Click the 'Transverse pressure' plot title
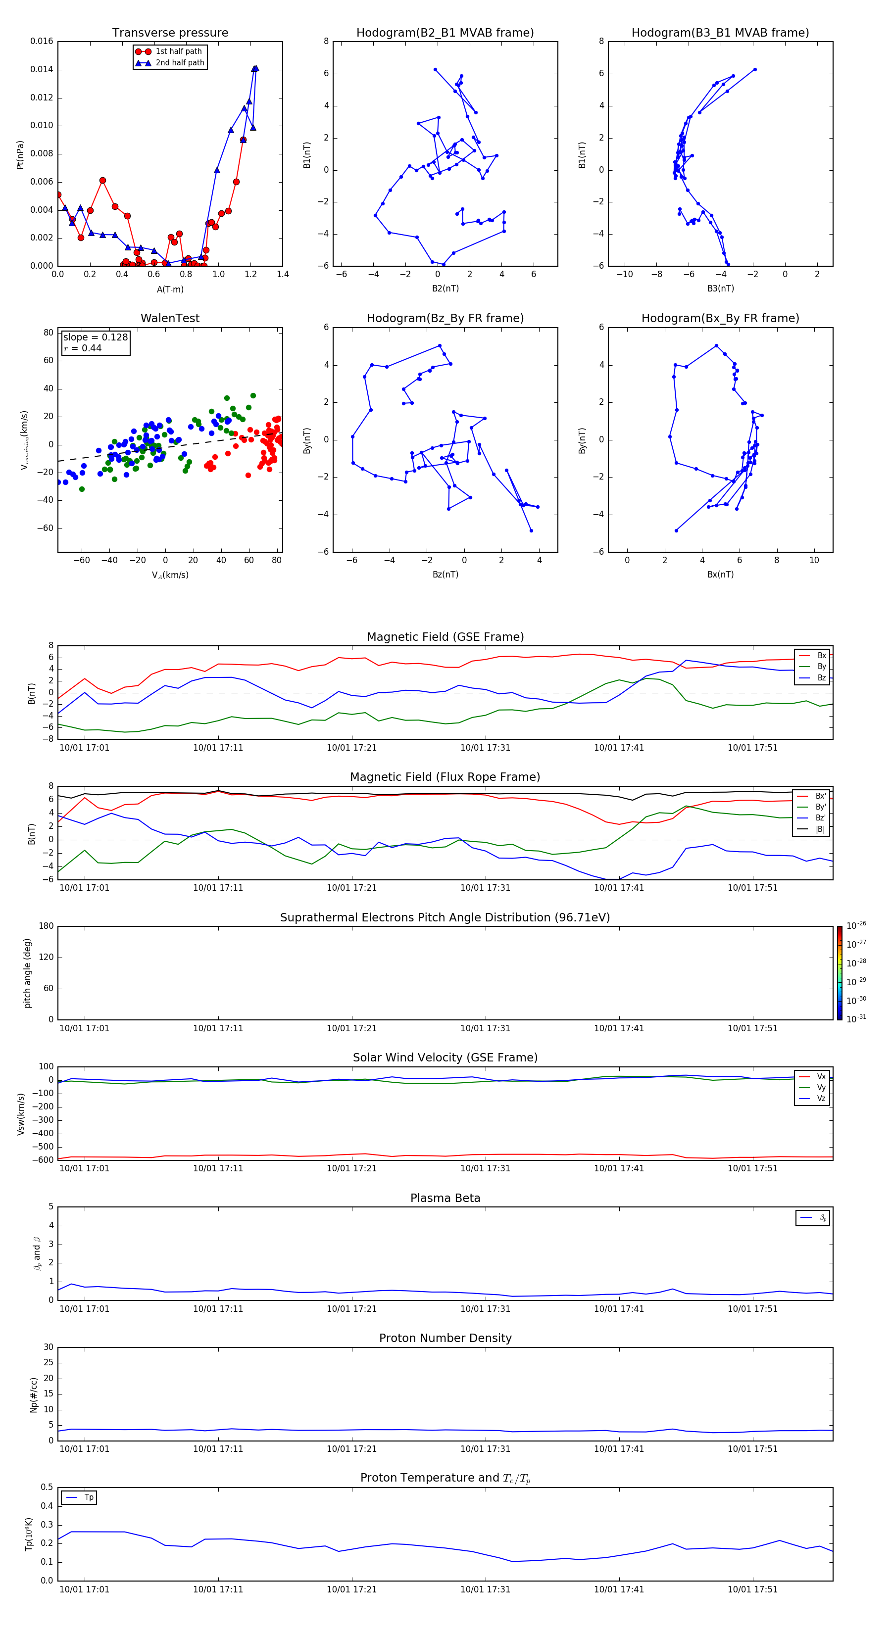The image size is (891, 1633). click(x=170, y=33)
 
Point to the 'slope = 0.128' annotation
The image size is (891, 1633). click(x=95, y=337)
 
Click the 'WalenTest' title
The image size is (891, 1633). click(x=170, y=318)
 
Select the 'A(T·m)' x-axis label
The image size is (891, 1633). click(x=170, y=289)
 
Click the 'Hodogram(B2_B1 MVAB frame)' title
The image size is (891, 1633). click(x=445, y=33)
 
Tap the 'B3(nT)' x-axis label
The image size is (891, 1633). click(x=720, y=288)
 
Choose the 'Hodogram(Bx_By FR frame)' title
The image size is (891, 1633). click(x=720, y=318)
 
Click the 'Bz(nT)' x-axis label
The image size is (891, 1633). click(x=445, y=575)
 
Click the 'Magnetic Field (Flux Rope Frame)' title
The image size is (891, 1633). click(x=445, y=777)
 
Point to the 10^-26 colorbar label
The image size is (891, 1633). click(x=856, y=925)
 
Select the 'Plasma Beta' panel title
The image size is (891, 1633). click(x=445, y=1198)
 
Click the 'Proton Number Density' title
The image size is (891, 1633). click(x=445, y=1338)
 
